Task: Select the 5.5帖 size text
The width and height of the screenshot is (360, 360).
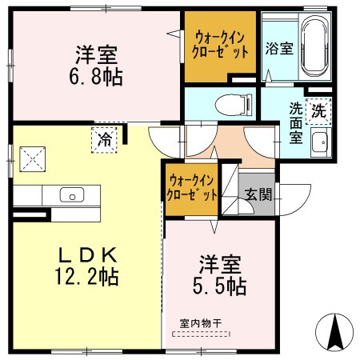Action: (x=218, y=285)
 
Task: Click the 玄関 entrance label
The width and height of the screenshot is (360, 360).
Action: (x=258, y=194)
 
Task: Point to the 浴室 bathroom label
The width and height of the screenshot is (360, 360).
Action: (x=279, y=47)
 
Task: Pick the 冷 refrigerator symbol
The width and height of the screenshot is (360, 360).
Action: (x=105, y=138)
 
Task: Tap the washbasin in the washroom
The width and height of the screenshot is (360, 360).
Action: (x=319, y=143)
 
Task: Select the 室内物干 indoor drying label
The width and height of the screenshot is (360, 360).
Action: (x=201, y=323)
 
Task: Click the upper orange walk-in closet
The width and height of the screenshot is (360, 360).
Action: (x=220, y=46)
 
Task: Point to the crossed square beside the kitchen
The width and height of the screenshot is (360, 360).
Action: (x=32, y=157)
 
